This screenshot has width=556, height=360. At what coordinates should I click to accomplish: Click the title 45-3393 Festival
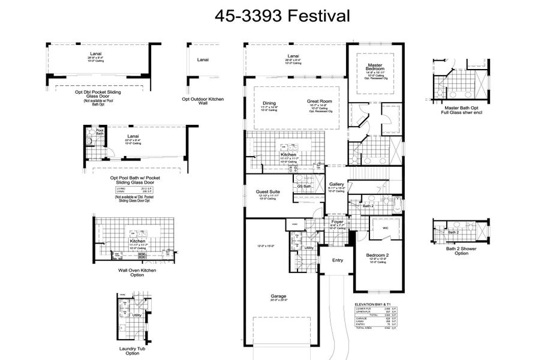coord(282,16)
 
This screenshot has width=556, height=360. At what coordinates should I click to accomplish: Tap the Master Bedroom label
coord(376,67)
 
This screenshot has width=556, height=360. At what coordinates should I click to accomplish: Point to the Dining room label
coord(268,103)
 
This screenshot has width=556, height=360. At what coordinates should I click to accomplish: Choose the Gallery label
coord(336,184)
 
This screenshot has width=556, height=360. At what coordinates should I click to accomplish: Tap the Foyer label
coord(337,221)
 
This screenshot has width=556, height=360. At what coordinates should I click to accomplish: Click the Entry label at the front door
coord(338,260)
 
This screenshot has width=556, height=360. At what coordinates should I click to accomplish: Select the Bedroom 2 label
coord(378,255)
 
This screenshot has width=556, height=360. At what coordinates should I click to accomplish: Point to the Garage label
coord(278,296)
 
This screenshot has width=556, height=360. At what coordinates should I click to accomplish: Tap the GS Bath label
coord(304,186)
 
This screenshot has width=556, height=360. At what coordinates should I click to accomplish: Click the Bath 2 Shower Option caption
coord(453,250)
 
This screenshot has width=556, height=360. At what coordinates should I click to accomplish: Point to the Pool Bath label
coord(100,132)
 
